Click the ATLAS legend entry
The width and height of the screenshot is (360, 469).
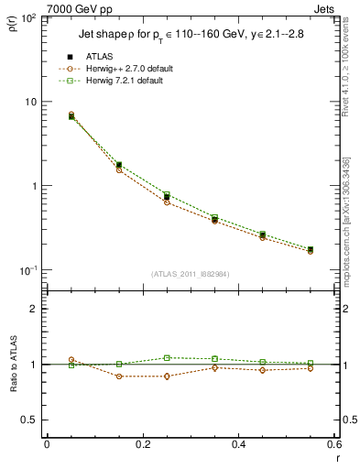[98, 56]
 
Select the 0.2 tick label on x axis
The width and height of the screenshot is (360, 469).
[142, 445]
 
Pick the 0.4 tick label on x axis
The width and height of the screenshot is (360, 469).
[238, 445]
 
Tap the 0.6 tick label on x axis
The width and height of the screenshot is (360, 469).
[333, 445]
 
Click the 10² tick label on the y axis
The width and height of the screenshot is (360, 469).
[29, 18]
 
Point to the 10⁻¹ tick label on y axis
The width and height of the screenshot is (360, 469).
[28, 270]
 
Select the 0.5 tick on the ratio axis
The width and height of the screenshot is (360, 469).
[29, 420]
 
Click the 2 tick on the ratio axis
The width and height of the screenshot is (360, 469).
[34, 309]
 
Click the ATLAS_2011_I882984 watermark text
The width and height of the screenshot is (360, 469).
[190, 274]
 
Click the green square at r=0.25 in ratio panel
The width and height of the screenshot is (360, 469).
[167, 358]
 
